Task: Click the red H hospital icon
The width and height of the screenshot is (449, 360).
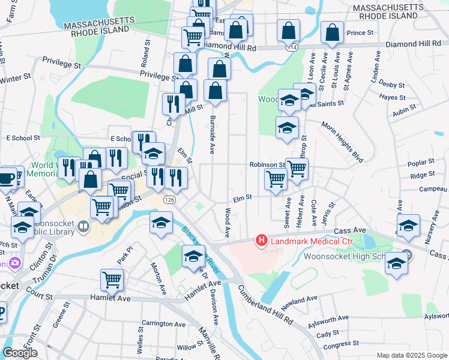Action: [262, 241]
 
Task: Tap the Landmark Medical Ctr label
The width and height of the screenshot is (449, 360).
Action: [309, 242]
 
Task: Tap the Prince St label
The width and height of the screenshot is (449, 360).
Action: [360, 32]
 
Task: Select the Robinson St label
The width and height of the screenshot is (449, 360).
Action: [267, 164]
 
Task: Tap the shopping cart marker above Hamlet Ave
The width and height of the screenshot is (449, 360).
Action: [112, 279]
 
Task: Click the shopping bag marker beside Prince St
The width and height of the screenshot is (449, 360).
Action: [331, 34]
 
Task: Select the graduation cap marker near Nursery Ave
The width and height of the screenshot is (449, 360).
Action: [408, 225]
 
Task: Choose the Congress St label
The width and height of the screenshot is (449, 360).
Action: [341, 344]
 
